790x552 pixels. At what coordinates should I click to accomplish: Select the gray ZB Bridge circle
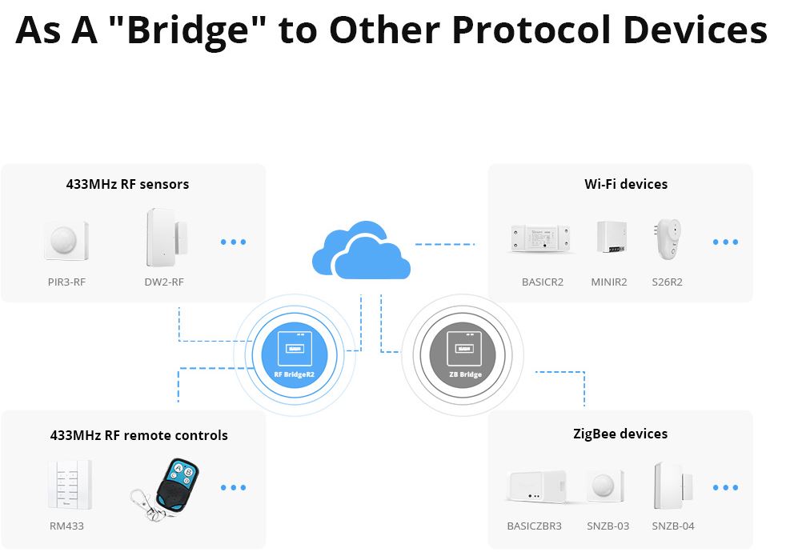pos(464,352)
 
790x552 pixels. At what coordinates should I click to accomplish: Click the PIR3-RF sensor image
pos(66,241)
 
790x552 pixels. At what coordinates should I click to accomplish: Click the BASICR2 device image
pos(542,238)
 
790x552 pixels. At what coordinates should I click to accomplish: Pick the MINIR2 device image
pos(610,238)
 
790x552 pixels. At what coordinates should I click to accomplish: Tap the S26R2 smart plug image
pos(667,238)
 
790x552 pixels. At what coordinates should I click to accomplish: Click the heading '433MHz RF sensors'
pos(127,184)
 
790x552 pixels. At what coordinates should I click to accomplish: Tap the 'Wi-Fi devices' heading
pos(625,184)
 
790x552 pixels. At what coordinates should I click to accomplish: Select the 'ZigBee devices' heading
pos(620,434)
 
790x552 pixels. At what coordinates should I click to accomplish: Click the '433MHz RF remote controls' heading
pos(138,435)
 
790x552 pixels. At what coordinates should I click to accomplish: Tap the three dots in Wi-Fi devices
pos(725,242)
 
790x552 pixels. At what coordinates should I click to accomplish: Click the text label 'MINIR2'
pos(609,282)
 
